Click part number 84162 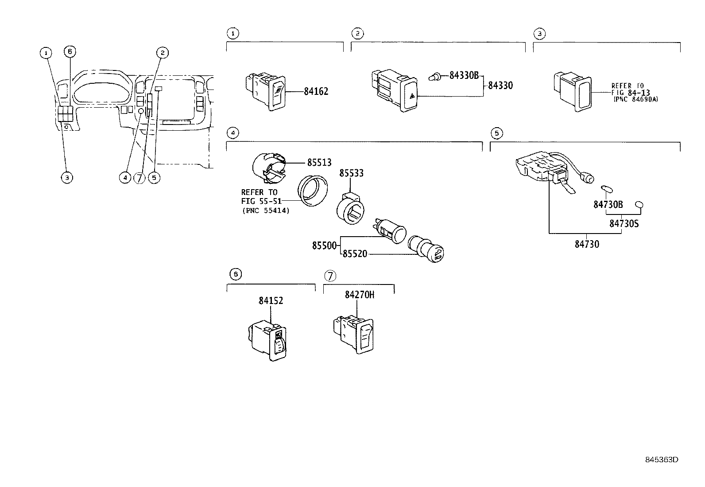(x=316, y=92)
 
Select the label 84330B (x=464, y=76)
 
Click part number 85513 (x=319, y=163)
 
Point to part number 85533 (x=351, y=173)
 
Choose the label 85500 (x=324, y=245)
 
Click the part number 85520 (x=354, y=254)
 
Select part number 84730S (x=624, y=224)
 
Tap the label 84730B (x=608, y=205)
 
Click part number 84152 (x=271, y=300)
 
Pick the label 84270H (x=360, y=295)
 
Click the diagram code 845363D (x=661, y=460)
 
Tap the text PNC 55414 (x=266, y=211)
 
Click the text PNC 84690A (x=635, y=100)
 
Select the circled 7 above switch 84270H (x=330, y=276)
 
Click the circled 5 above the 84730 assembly (x=496, y=133)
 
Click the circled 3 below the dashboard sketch (x=66, y=178)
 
